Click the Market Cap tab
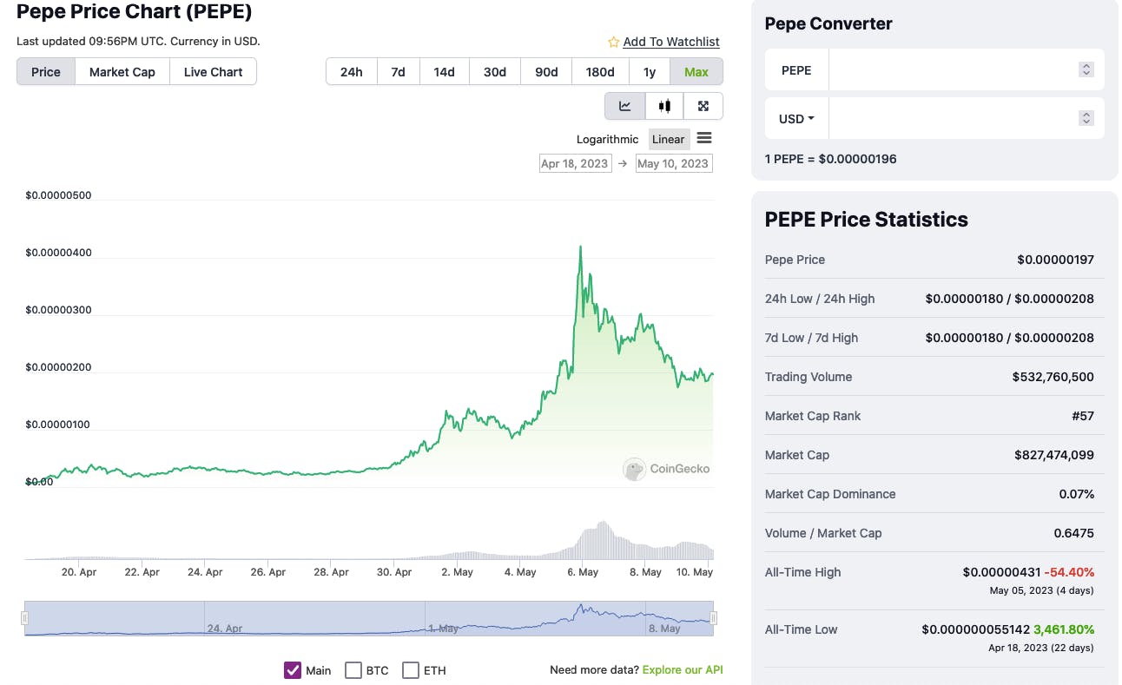(122, 72)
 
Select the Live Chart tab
(213, 72)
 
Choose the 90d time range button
(546, 72)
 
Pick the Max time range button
(696, 72)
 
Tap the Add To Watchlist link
(670, 42)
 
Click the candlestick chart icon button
(664, 106)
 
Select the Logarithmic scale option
(607, 139)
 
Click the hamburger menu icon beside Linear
(704, 139)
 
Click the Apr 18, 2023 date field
(574, 163)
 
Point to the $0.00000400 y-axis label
(58, 253)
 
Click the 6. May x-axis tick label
(583, 572)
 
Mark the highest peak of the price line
(580, 247)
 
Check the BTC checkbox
(353, 670)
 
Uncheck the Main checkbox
(293, 670)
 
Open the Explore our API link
(682, 669)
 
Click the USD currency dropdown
(796, 119)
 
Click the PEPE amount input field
(952, 70)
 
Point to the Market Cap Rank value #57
(1082, 416)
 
